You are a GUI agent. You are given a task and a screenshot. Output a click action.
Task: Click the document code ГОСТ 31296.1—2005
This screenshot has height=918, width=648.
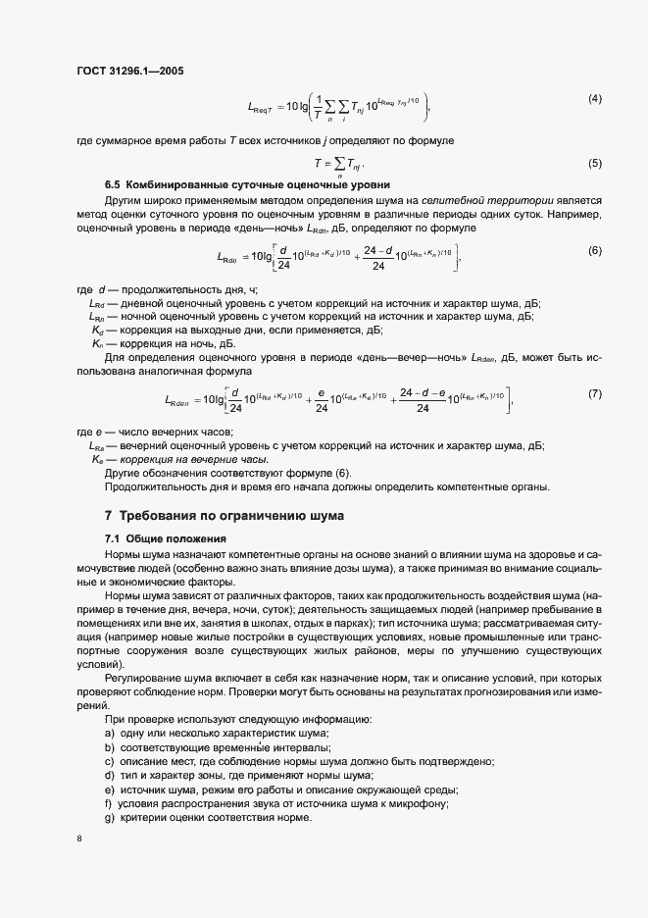pos(129,71)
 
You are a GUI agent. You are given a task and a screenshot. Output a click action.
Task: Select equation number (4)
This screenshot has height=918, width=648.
pos(594,99)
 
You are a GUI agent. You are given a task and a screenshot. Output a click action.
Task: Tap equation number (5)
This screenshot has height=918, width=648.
pos(594,163)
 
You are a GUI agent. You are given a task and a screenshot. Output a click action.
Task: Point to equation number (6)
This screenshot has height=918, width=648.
pos(594,251)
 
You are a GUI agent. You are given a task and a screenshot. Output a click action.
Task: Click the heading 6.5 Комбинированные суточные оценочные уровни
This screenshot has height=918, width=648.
pos(248,185)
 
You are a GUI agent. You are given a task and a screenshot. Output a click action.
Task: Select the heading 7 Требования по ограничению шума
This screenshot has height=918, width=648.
pos(224,516)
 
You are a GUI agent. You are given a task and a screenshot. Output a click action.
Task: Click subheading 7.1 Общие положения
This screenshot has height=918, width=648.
pos(166,539)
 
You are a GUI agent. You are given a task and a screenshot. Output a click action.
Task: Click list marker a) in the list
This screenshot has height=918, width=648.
pos(109,735)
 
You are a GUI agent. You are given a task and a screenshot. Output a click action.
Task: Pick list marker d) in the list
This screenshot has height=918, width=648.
pos(109,776)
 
